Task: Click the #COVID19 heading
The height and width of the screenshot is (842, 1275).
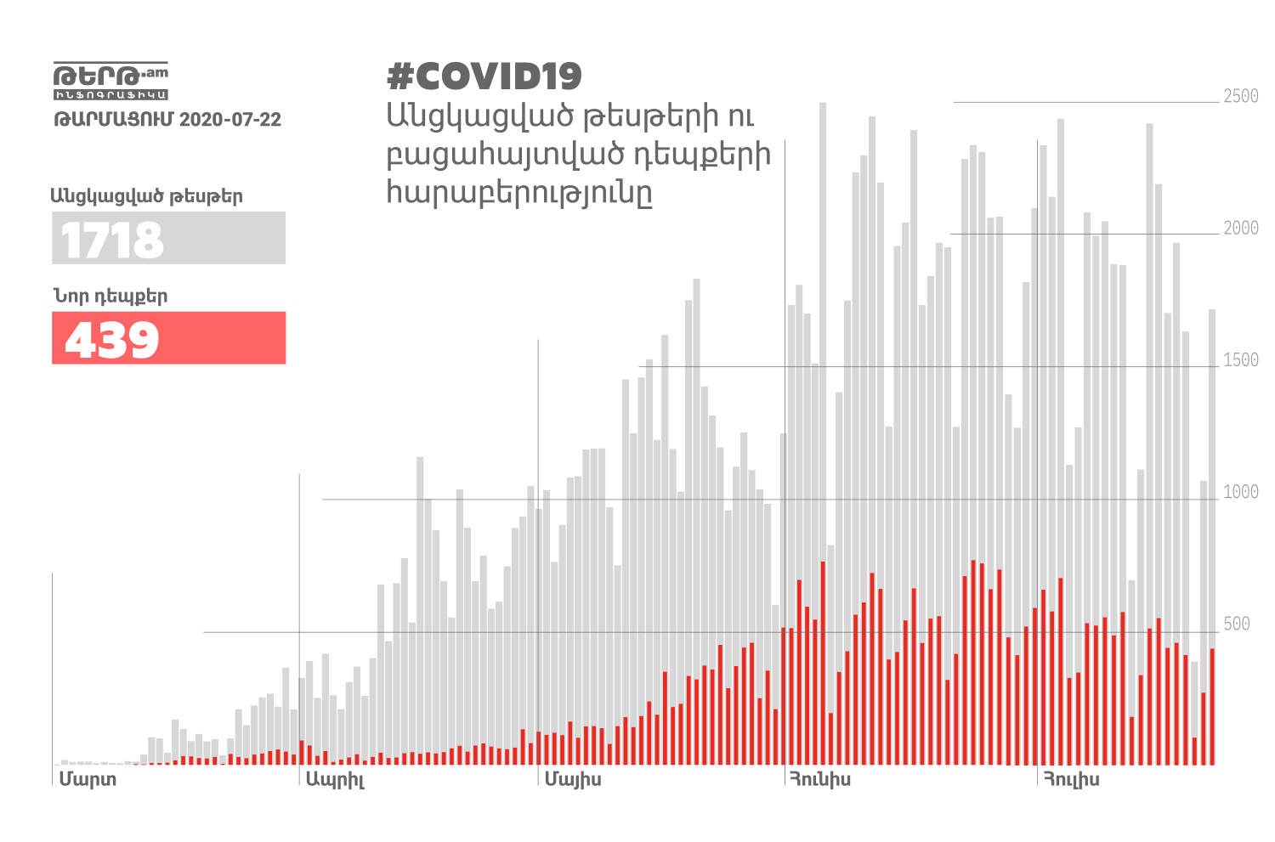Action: point(484,76)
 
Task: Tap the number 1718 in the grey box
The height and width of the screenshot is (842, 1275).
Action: point(112,240)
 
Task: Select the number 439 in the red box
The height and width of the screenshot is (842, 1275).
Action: point(112,340)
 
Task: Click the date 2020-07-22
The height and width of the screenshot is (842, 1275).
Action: point(230,119)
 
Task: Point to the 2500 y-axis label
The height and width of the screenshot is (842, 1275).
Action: point(1240,96)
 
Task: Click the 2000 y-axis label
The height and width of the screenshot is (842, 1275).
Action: point(1240,228)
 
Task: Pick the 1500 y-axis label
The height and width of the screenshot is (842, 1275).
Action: point(1240,360)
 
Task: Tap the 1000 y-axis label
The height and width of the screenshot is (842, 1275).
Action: point(1240,492)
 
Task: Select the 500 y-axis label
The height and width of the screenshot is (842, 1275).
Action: point(1237,624)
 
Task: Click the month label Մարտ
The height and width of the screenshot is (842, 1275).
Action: point(88,779)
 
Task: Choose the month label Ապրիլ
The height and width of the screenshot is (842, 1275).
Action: point(335,780)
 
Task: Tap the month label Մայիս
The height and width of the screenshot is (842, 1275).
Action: point(573,779)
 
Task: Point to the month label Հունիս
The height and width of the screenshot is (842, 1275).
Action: point(819,779)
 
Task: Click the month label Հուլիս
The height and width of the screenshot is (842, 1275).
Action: point(1071,779)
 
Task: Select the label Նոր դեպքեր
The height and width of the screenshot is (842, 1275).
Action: point(110,297)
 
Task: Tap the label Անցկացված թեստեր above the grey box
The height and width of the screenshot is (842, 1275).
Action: point(146,196)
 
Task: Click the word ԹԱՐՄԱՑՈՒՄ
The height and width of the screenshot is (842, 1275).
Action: point(114,119)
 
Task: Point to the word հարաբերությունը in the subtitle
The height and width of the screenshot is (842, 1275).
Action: point(519,193)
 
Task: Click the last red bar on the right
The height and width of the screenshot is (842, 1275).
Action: point(1212,706)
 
